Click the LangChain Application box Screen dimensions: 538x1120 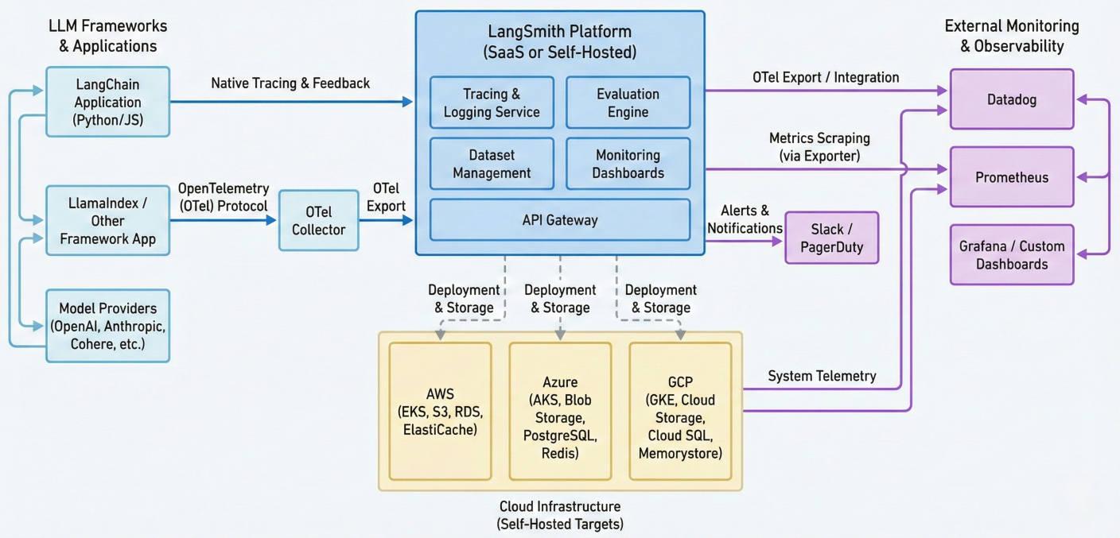107,102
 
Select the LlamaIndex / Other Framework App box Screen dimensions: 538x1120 107,221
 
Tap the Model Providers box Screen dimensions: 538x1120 107,326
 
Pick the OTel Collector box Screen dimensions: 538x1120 318,221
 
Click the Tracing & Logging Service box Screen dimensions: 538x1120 492,103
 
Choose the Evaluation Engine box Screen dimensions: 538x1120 628,103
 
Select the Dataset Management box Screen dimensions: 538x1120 492,164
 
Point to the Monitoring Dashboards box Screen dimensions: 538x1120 628,164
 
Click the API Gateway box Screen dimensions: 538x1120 560,220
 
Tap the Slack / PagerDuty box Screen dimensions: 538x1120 831,238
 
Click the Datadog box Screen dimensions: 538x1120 1012,99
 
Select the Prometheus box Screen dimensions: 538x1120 1012,177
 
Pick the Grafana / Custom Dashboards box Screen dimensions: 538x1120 1012,254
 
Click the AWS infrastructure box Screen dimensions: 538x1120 440,412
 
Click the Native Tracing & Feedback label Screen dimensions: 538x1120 290,83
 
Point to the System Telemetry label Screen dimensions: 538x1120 822,376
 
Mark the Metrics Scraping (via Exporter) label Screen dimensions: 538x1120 819,147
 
